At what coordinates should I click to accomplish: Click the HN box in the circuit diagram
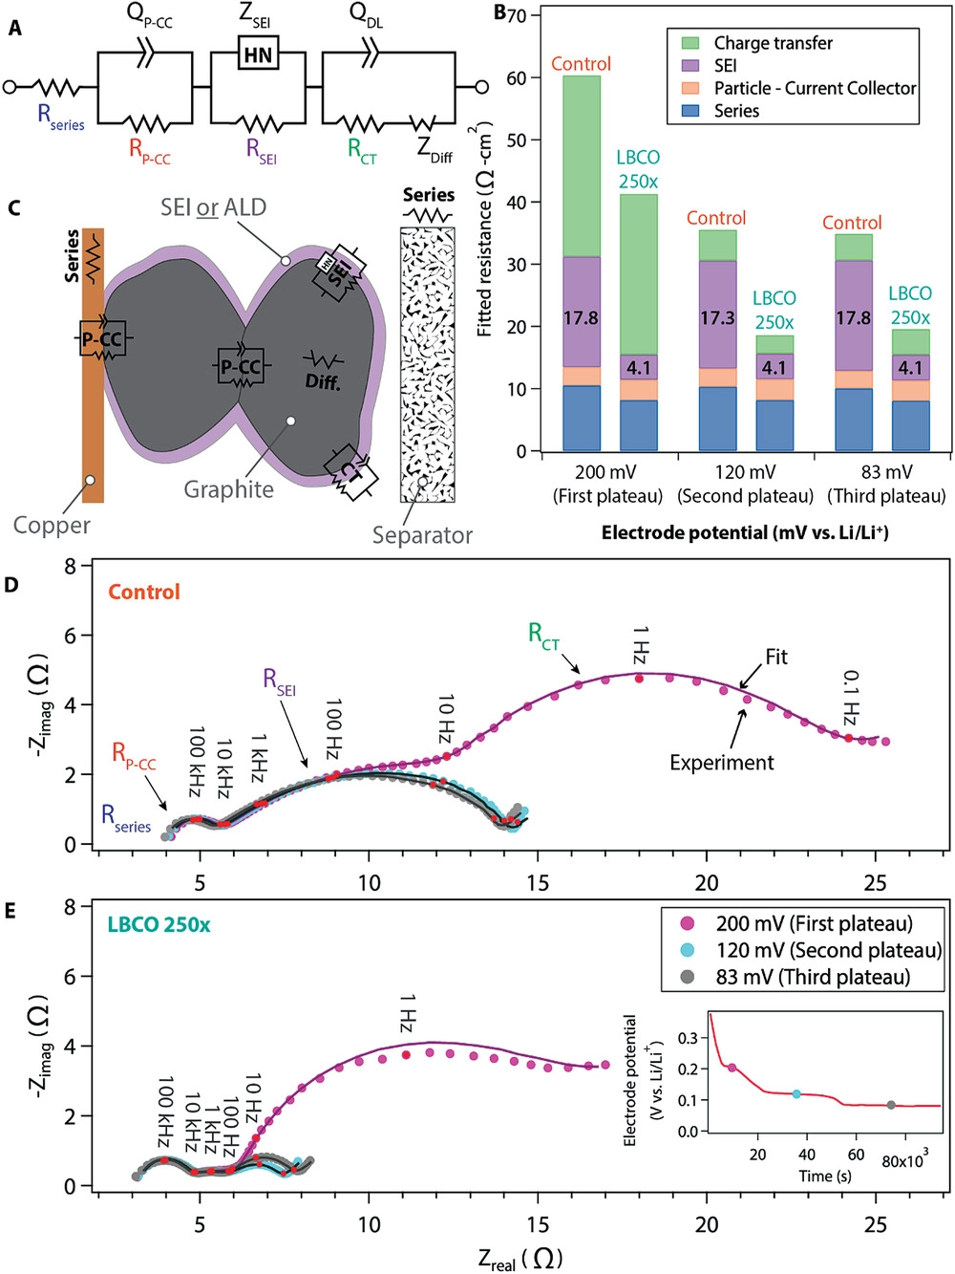click(x=258, y=54)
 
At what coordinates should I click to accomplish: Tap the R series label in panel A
click(x=59, y=117)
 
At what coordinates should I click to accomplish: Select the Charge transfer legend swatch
click(x=690, y=43)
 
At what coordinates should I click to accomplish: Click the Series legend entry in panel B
click(x=736, y=111)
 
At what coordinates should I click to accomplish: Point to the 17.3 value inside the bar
click(x=717, y=317)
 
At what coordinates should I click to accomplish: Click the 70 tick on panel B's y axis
click(x=517, y=15)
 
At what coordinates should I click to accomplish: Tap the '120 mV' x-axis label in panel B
click(x=745, y=472)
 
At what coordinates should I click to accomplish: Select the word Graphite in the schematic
click(x=228, y=489)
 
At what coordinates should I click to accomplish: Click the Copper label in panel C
click(x=52, y=525)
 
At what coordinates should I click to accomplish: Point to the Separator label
click(x=422, y=535)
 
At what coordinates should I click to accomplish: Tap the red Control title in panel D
click(x=143, y=592)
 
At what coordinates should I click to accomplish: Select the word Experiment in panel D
click(x=721, y=763)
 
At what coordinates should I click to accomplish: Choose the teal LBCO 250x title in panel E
click(x=159, y=924)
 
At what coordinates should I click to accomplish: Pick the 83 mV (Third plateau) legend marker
click(x=687, y=977)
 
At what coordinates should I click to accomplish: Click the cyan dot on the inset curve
click(x=796, y=1093)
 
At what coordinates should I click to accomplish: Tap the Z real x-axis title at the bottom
click(x=520, y=1259)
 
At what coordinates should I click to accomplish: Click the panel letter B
click(x=499, y=13)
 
